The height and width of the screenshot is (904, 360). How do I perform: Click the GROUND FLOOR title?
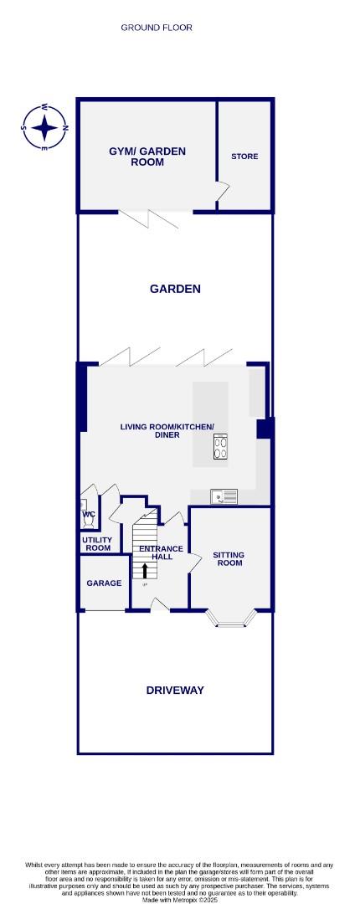click(157, 28)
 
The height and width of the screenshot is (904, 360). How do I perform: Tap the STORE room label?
click(244, 157)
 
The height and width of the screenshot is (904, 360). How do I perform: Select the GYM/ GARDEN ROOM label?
click(147, 157)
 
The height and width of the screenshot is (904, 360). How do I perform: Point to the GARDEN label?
click(175, 289)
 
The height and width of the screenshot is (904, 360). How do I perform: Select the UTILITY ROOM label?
click(97, 544)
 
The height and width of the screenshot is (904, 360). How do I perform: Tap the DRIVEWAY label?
click(175, 691)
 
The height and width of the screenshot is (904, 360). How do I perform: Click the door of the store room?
click(222, 193)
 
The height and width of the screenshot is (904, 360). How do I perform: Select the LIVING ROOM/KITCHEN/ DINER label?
click(167, 431)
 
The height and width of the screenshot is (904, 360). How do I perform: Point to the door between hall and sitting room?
click(193, 562)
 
